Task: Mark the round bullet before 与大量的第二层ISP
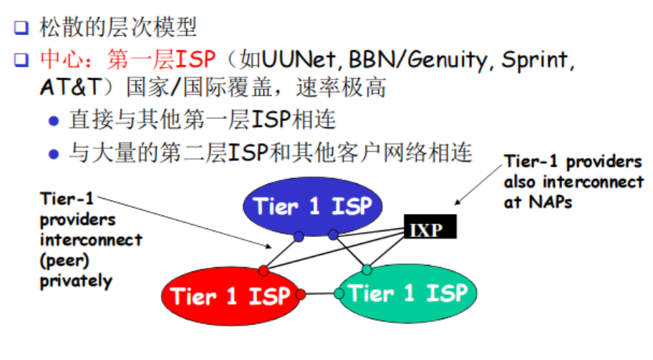[x=52, y=153]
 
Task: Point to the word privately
[x=76, y=281]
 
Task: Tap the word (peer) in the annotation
[x=64, y=261]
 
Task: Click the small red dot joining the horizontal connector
[x=301, y=293]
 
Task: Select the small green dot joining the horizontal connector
[x=339, y=293]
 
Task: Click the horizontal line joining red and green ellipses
[x=320, y=293]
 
